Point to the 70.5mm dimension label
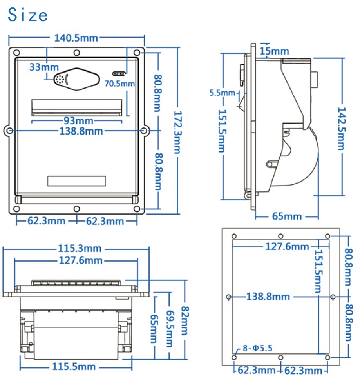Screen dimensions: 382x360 click(x=119, y=83)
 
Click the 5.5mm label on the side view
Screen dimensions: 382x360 click(x=222, y=93)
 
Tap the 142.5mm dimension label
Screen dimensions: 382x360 click(x=342, y=129)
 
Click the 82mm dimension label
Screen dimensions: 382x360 click(x=184, y=320)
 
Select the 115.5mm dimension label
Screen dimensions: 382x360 click(x=74, y=367)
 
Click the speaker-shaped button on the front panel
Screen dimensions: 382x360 click(x=77, y=79)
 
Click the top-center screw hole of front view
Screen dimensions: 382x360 click(x=77, y=52)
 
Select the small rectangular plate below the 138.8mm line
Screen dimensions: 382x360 click(x=77, y=181)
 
